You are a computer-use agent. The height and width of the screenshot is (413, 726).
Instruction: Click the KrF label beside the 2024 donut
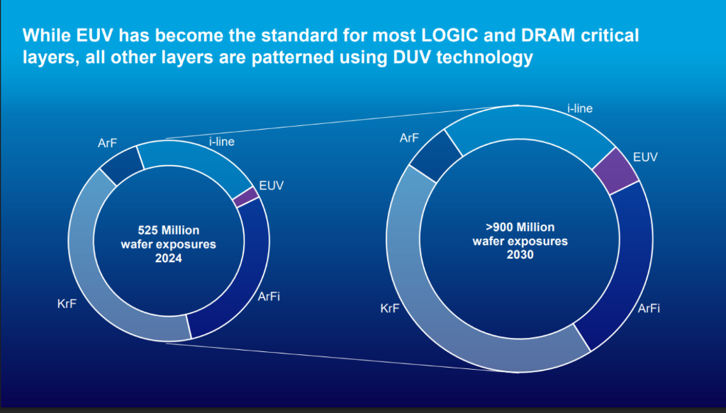pyautogui.click(x=67, y=305)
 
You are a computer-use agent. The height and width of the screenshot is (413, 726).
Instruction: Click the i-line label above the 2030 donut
pyautogui.click(x=579, y=108)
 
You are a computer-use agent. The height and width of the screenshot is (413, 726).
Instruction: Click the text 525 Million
pyautogui.click(x=168, y=230)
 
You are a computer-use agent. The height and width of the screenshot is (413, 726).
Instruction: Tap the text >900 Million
pyautogui.click(x=520, y=227)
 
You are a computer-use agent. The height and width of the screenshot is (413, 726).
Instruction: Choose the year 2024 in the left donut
pyautogui.click(x=168, y=259)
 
